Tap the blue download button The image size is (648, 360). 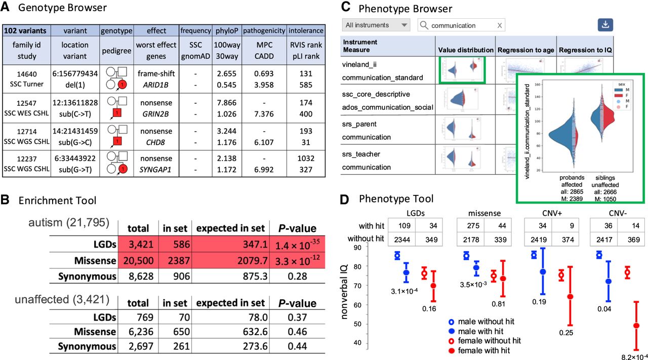click(x=605, y=25)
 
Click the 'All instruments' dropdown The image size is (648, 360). click(x=376, y=25)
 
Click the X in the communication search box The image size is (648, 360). click(x=500, y=25)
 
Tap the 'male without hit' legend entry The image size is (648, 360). click(x=484, y=322)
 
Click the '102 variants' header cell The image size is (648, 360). click(x=25, y=30)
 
